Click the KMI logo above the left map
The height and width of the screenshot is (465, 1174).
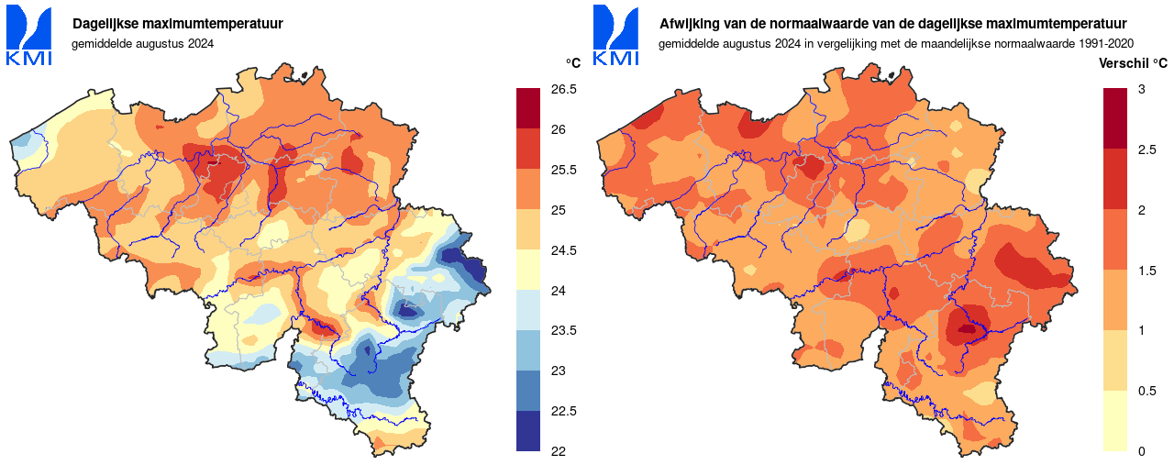(28, 36)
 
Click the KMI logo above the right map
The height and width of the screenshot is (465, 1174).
(615, 36)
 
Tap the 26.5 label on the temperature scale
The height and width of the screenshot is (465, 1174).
(563, 90)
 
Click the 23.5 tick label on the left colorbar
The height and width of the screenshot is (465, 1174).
(563, 331)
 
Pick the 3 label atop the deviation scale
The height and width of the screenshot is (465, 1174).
(1141, 89)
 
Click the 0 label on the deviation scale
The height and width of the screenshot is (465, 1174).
(1141, 451)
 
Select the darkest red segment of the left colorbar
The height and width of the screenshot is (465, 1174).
(528, 108)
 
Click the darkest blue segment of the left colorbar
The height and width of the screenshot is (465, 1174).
(528, 431)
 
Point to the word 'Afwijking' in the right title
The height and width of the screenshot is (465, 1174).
(688, 23)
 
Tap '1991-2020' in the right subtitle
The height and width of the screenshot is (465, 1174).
(1106, 43)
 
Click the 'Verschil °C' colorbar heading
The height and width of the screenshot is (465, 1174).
(1134, 63)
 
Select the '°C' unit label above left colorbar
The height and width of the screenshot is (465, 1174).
(572, 63)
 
